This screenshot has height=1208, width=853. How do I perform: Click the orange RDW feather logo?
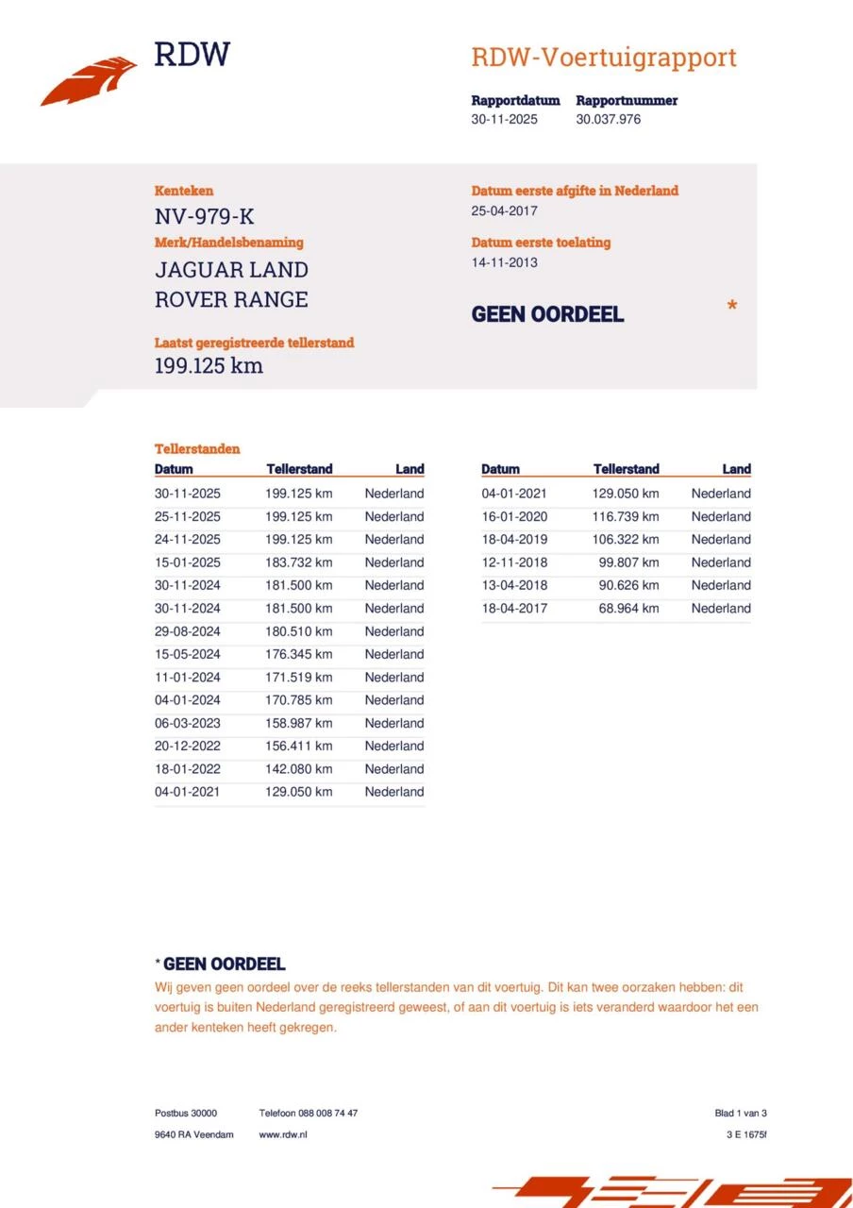coord(89,81)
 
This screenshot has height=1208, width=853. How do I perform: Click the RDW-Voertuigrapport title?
coord(603,58)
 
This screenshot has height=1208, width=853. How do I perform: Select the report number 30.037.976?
coord(609,120)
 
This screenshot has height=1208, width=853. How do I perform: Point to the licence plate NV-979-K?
coord(204,217)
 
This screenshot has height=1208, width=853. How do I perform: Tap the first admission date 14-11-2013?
coord(505,262)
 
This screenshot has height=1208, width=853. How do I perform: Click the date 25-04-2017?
coord(505,211)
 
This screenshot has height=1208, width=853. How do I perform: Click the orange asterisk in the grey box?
coord(731,307)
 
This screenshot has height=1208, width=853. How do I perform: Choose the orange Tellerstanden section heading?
coord(197,449)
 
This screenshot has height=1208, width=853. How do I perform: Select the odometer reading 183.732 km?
coord(299,562)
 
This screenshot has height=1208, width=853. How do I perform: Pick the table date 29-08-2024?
coord(188,631)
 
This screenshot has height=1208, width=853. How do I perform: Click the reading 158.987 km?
coord(299,723)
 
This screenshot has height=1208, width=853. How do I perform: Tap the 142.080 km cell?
coord(299,769)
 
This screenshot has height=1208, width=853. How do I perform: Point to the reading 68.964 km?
coord(629,609)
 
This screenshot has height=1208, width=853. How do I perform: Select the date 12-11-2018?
coord(514,562)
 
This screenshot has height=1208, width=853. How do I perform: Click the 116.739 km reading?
coord(626,517)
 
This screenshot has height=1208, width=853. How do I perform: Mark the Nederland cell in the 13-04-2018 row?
coord(721,585)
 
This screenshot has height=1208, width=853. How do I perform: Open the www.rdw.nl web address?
coord(283,1134)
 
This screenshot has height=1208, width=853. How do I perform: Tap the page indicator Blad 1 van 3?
coord(741,1114)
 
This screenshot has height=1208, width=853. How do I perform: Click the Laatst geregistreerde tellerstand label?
coord(254,343)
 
